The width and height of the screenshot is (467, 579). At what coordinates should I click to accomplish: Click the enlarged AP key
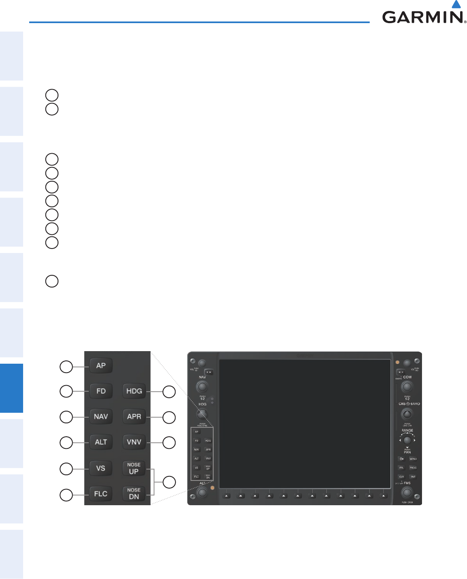101,366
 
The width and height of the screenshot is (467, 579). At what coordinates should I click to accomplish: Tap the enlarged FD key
101,391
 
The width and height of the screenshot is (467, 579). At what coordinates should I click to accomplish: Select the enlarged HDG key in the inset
134,391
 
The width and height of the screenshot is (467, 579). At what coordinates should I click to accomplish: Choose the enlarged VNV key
134,442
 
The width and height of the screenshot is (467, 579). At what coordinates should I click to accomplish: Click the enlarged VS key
101,468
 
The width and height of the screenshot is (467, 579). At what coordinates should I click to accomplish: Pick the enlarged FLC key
101,494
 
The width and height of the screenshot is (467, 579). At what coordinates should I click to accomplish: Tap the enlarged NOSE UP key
134,468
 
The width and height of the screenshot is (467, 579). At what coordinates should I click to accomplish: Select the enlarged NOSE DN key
134,493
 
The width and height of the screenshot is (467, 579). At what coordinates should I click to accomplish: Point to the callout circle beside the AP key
66,367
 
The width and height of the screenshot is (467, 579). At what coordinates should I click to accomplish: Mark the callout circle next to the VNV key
169,443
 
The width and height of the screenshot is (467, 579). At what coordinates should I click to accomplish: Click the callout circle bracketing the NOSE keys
169,482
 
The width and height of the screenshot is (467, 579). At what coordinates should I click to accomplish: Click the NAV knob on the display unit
202,386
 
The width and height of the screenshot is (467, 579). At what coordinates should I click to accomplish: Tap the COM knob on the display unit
407,386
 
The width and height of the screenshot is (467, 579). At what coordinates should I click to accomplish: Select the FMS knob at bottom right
407,493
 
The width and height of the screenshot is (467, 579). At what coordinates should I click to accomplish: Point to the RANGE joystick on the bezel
407,440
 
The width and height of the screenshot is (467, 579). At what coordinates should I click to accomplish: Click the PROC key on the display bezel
413,468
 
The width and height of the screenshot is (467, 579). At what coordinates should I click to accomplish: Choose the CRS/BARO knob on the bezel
407,414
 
